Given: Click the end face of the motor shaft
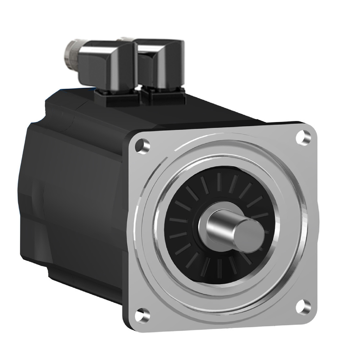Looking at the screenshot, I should (249, 235).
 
